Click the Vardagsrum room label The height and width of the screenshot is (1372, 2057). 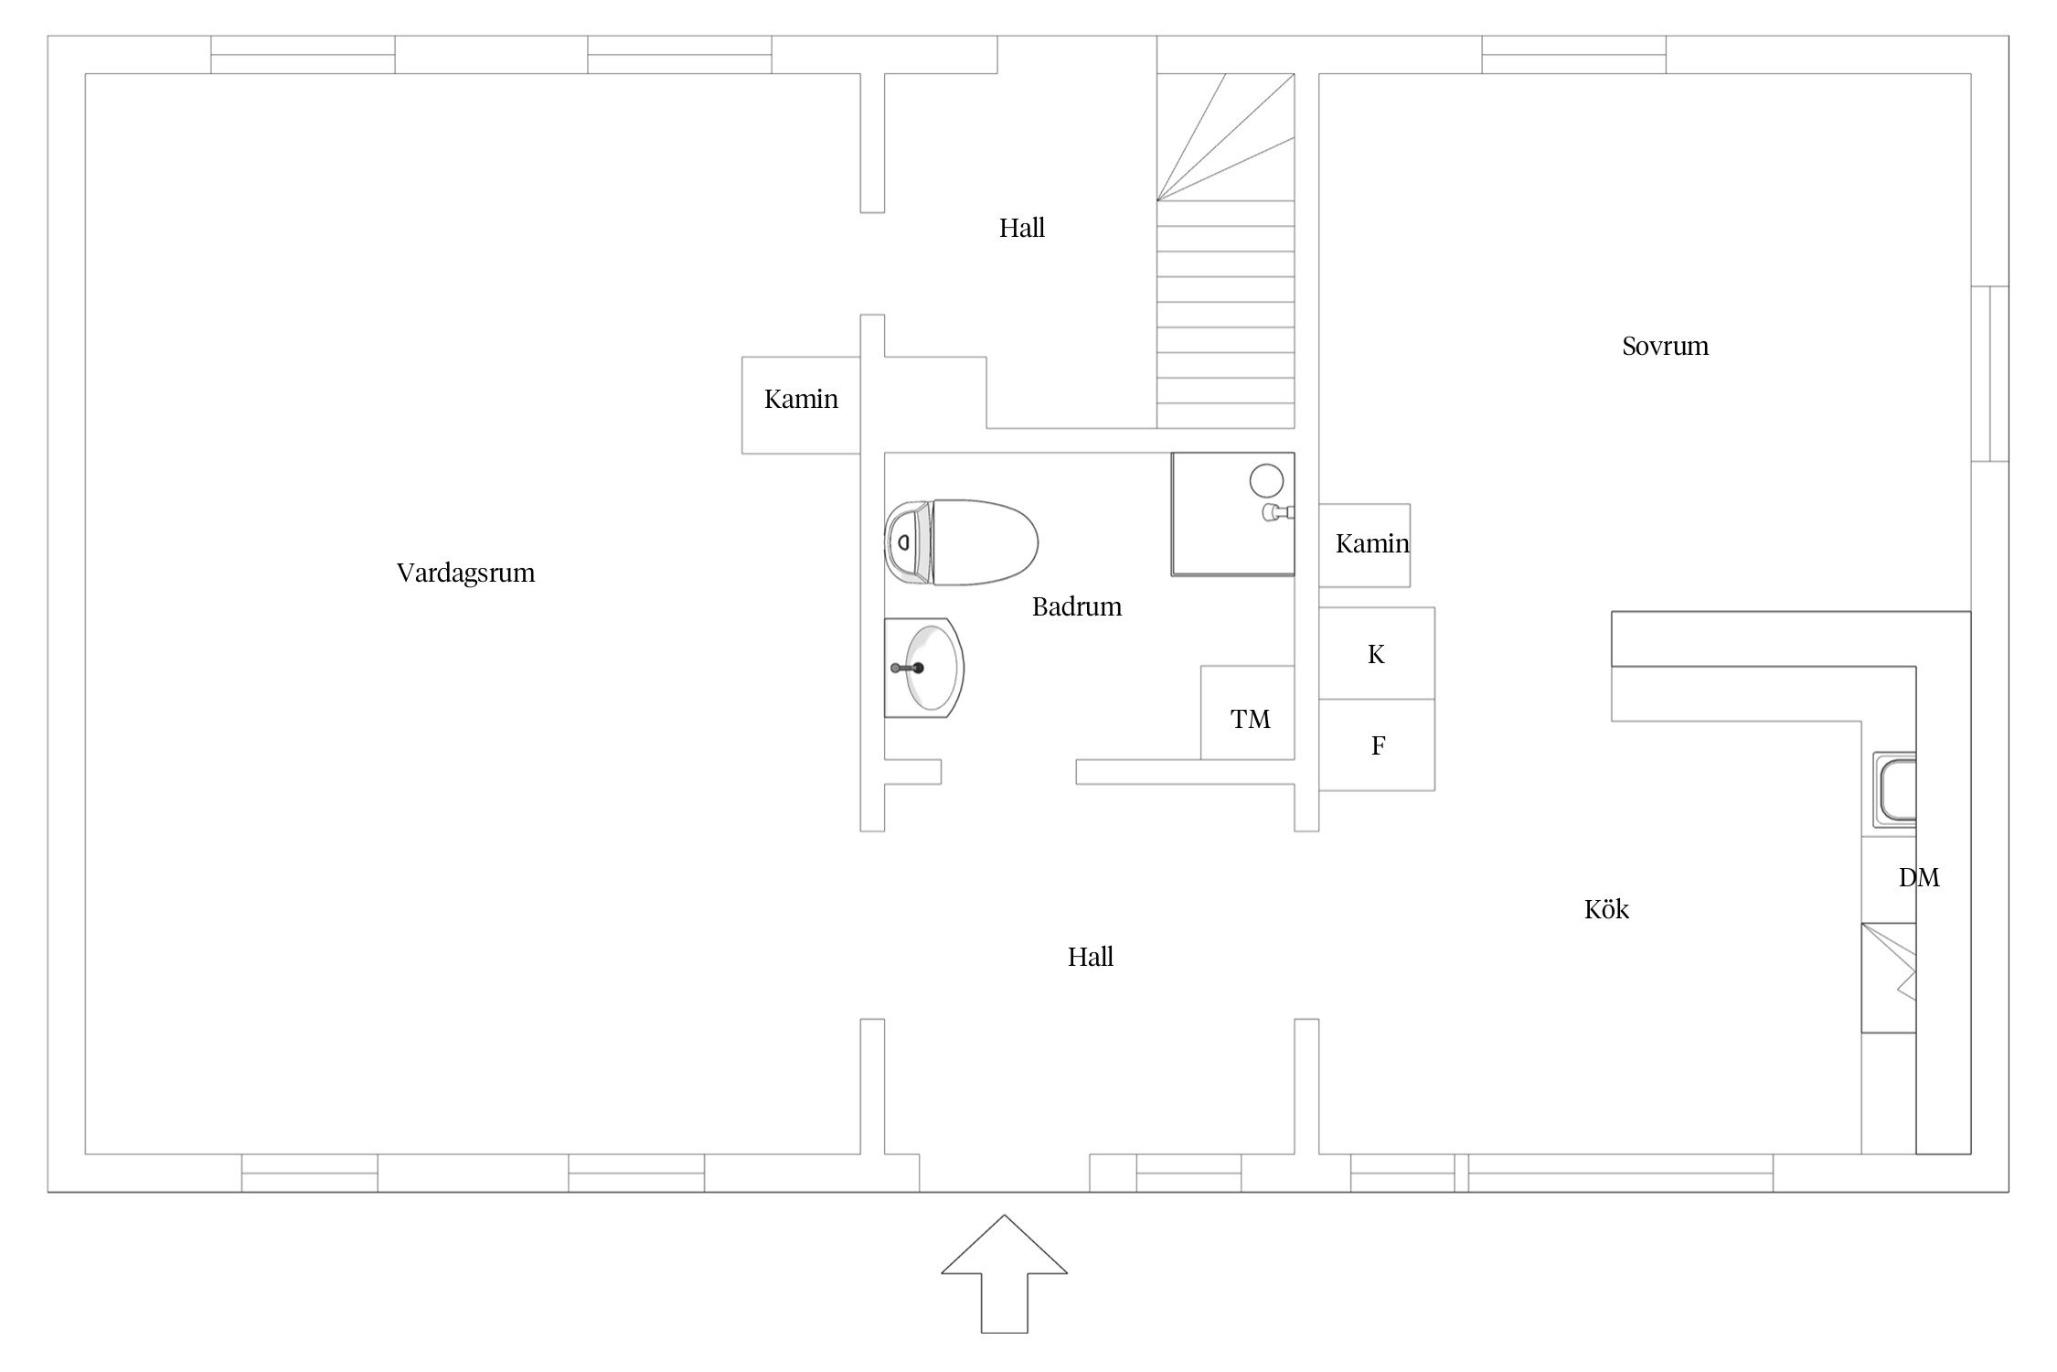[x=465, y=573]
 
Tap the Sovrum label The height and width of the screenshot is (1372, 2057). [x=1665, y=347]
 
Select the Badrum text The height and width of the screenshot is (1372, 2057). [x=1076, y=606]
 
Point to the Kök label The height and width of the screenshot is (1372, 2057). [x=1606, y=908]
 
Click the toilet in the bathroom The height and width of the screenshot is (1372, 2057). [x=961, y=542]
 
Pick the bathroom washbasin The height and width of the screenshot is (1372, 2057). [x=923, y=668]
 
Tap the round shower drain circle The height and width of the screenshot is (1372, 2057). [x=1266, y=480]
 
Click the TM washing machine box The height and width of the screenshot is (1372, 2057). [x=1248, y=713]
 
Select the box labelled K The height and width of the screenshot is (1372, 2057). [x=1377, y=653]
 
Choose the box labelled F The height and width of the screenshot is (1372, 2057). [x=1377, y=745]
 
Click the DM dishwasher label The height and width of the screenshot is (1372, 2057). [x=1919, y=878]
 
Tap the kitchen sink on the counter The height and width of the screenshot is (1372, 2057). [x=1894, y=788]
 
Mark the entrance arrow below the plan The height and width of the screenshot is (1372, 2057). [x=1004, y=1273]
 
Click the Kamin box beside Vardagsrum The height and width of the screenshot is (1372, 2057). [x=801, y=405]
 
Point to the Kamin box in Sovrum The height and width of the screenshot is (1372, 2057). [x=1364, y=545]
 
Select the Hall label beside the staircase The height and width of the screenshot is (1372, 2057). [x=1021, y=228]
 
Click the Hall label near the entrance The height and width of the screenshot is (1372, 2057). [x=1091, y=957]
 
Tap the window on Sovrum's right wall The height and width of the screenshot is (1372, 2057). [x=1989, y=374]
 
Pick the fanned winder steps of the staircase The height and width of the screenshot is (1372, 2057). [x=1226, y=137]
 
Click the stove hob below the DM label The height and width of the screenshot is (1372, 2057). [x=1889, y=978]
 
